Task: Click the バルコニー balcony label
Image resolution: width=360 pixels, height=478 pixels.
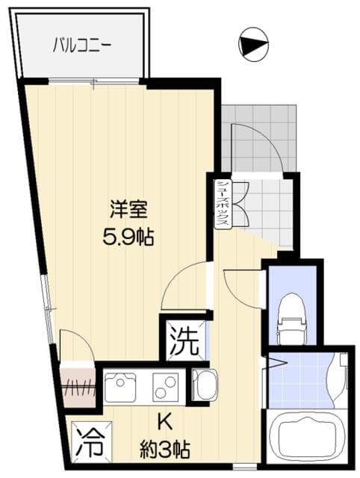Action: (x=82, y=45)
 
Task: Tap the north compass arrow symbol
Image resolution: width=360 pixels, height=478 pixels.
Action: (x=252, y=45)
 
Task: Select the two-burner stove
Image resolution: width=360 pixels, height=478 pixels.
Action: (x=166, y=388)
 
